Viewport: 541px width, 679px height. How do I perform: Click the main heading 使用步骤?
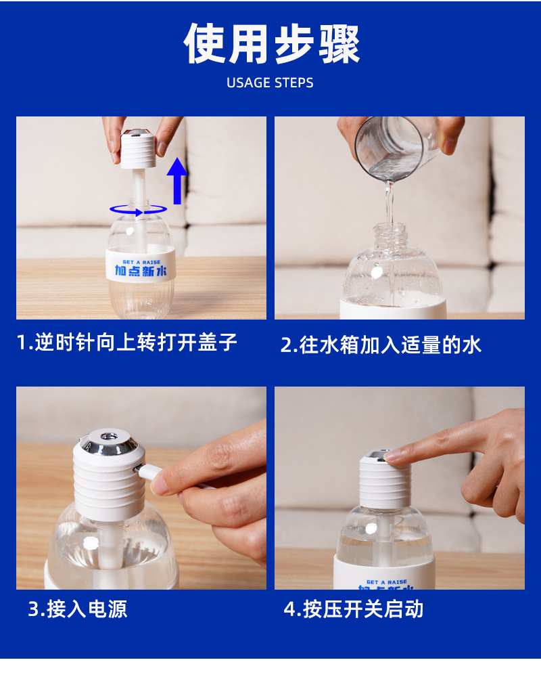point(271,44)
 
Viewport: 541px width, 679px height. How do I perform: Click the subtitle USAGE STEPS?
point(270,83)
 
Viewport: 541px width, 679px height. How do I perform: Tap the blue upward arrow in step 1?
point(177,181)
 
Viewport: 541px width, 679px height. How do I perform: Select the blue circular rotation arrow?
point(139,211)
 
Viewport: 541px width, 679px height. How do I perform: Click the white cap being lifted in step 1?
point(138,148)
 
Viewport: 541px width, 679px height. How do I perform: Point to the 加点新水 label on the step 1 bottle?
point(141,271)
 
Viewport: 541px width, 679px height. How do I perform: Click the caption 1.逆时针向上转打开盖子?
point(126,342)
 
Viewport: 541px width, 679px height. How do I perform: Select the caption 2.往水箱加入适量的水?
point(381,345)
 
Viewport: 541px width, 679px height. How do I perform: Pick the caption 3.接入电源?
point(78,609)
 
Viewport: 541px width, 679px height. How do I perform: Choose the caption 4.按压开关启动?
point(353,609)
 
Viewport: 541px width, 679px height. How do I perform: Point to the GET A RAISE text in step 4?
point(387,582)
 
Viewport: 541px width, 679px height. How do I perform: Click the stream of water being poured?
point(390,204)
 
